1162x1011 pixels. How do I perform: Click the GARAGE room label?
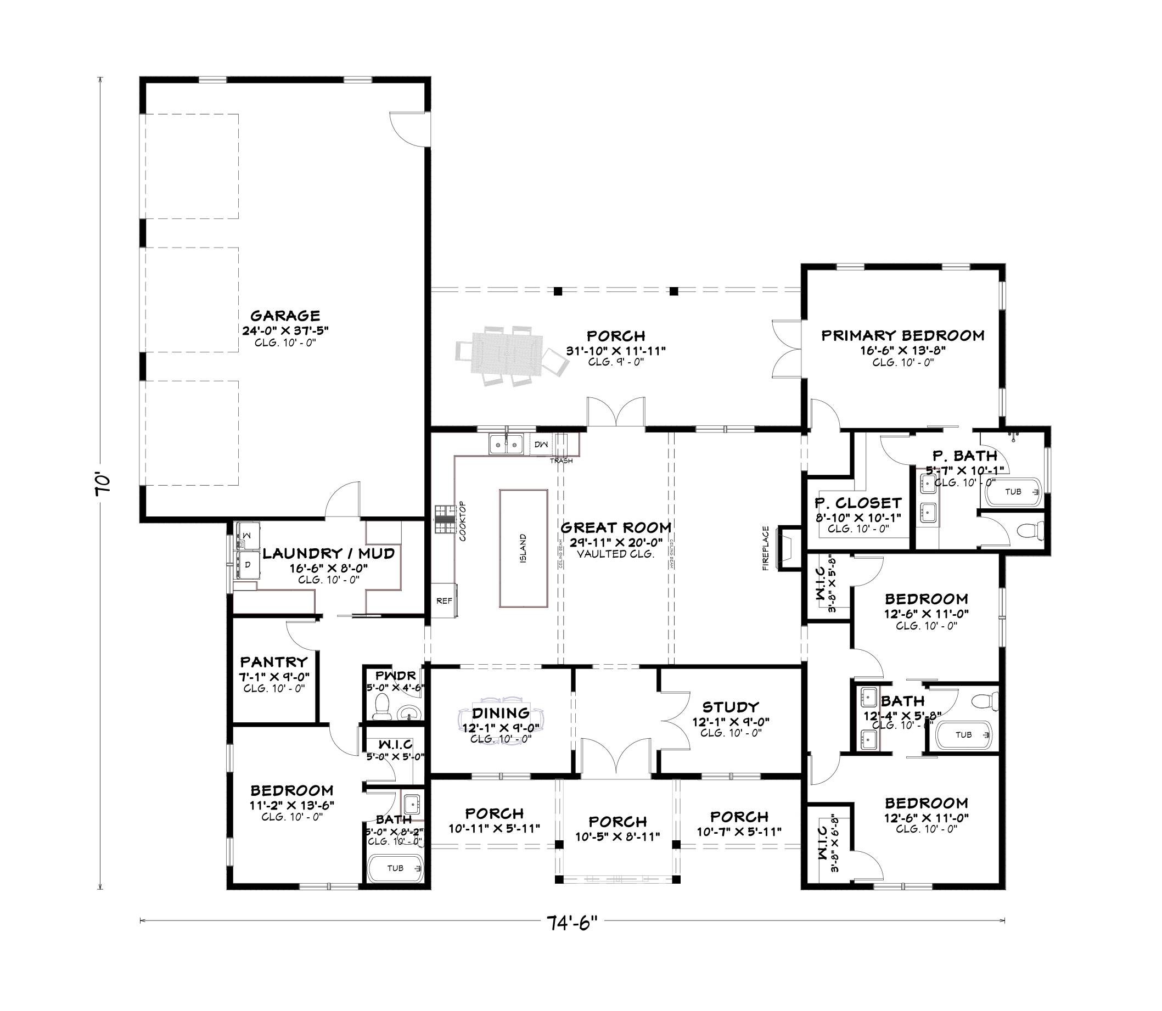point(285,316)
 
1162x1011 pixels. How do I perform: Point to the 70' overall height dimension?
point(102,484)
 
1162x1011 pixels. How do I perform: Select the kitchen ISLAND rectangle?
point(523,548)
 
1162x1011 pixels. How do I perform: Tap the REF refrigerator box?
point(444,601)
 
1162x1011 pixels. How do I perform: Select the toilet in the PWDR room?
point(383,705)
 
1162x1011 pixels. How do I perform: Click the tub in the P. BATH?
point(1014,492)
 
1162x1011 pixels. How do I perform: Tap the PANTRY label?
point(273,662)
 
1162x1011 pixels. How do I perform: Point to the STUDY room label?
point(731,707)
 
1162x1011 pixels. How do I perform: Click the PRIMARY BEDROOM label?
point(902,336)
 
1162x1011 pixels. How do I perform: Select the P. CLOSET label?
point(858,503)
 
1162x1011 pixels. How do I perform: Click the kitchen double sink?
point(506,444)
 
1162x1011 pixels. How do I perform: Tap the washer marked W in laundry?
point(246,532)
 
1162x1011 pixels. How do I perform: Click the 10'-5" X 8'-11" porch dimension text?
point(618,836)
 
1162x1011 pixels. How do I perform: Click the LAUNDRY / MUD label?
point(328,553)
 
